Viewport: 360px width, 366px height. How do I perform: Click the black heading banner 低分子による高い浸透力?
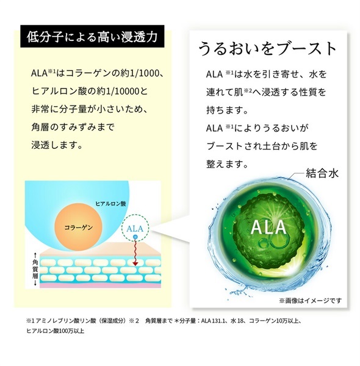point(92,37)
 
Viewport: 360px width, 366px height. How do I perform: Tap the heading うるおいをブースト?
point(267,49)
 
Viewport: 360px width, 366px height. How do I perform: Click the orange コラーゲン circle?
point(78,227)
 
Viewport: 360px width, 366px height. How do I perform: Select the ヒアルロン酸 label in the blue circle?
point(110,204)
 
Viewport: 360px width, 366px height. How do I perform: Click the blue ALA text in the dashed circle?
point(135,229)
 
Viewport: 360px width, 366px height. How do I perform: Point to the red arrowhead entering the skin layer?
point(135,264)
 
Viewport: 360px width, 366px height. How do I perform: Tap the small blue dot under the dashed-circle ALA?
point(135,237)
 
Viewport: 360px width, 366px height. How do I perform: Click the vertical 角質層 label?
point(35,269)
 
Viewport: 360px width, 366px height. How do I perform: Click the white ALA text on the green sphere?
point(268,228)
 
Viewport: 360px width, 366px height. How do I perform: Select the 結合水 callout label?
point(322,173)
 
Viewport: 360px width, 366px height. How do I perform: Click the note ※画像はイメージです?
point(311,301)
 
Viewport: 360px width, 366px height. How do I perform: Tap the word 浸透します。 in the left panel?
point(57,145)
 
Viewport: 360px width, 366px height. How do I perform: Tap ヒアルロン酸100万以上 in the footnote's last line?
point(56,331)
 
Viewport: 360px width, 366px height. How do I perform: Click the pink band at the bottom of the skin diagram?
point(101,285)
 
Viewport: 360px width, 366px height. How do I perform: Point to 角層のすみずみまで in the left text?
point(73,127)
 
